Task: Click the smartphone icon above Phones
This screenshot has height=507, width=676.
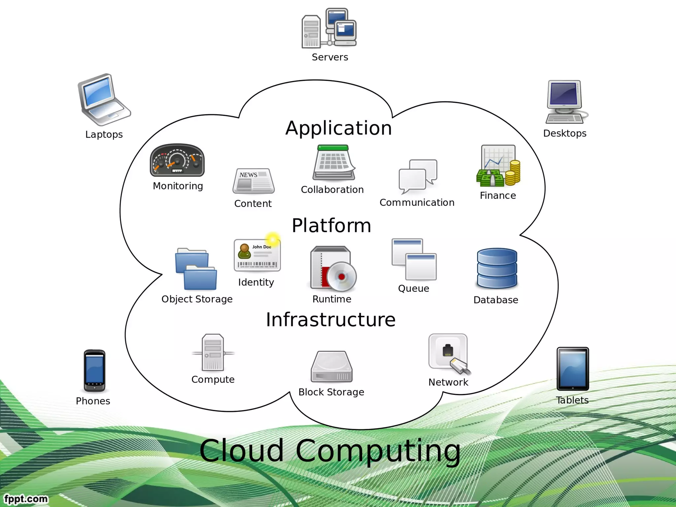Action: [x=94, y=371]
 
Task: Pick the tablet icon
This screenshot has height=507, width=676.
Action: [x=573, y=369]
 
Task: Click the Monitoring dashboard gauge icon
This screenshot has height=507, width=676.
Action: [x=177, y=160]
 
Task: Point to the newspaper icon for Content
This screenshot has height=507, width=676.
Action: [x=253, y=181]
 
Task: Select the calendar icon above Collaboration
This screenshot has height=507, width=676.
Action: [x=333, y=162]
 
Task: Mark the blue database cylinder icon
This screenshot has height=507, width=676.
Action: [x=497, y=269]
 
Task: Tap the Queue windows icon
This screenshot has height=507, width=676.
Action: [x=414, y=259]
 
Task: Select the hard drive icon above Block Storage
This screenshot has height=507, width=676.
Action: [x=332, y=367]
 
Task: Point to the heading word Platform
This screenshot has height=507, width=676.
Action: [x=331, y=226]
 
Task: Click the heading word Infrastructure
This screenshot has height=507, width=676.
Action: [x=331, y=320]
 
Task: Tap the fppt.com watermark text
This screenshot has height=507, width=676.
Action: [x=26, y=498]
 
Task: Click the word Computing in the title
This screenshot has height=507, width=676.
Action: [x=378, y=451]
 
